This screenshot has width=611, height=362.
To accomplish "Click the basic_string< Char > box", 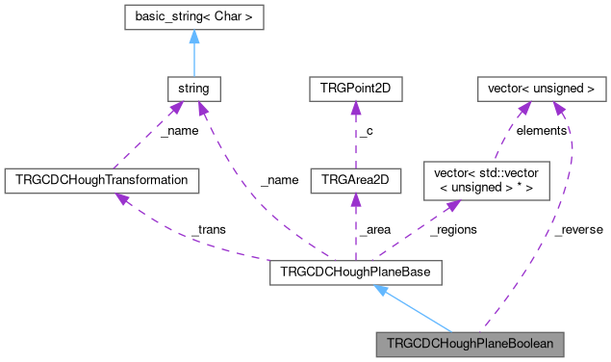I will (x=194, y=16).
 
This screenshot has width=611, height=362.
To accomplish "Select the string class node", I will (x=194, y=90).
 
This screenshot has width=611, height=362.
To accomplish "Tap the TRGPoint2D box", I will (x=355, y=90).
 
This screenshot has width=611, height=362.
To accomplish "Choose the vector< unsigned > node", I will (x=542, y=90).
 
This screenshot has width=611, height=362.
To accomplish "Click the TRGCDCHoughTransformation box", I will (x=102, y=179).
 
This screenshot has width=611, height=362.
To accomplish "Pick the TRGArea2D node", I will (x=355, y=179).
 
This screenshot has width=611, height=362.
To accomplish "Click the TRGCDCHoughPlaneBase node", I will (x=356, y=273).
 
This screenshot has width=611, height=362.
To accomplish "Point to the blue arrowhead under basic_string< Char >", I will (x=194, y=36).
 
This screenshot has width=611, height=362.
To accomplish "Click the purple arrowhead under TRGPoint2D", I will (x=355, y=109).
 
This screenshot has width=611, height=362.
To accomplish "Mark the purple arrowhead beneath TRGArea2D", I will (x=355, y=198).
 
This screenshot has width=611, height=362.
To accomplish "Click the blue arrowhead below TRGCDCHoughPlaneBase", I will (x=381, y=292).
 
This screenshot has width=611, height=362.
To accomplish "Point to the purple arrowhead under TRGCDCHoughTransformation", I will (x=122, y=197).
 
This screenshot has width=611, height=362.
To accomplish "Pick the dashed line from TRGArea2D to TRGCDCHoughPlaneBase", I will (x=355, y=231).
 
